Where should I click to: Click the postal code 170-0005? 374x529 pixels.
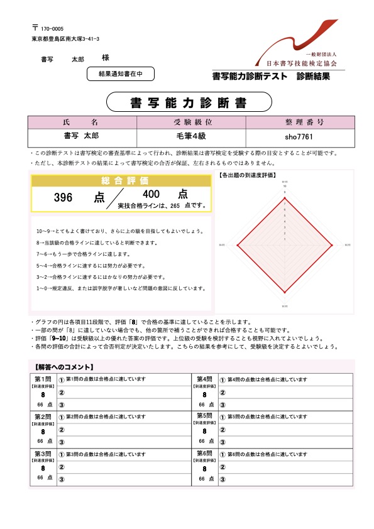coord(52,30)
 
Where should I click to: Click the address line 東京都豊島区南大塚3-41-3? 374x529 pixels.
coord(65,40)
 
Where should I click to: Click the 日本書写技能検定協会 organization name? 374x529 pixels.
coord(302,64)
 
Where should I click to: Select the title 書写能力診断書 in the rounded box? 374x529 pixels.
coord(188,102)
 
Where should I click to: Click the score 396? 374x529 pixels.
coord(64,197)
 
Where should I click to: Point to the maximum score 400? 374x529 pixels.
coord(153,194)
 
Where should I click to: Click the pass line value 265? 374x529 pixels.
coord(175,205)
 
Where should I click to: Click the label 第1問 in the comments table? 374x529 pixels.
coord(43,379)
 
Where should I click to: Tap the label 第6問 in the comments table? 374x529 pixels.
coord(205,454)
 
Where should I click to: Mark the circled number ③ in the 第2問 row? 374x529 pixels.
coord(62,442)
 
